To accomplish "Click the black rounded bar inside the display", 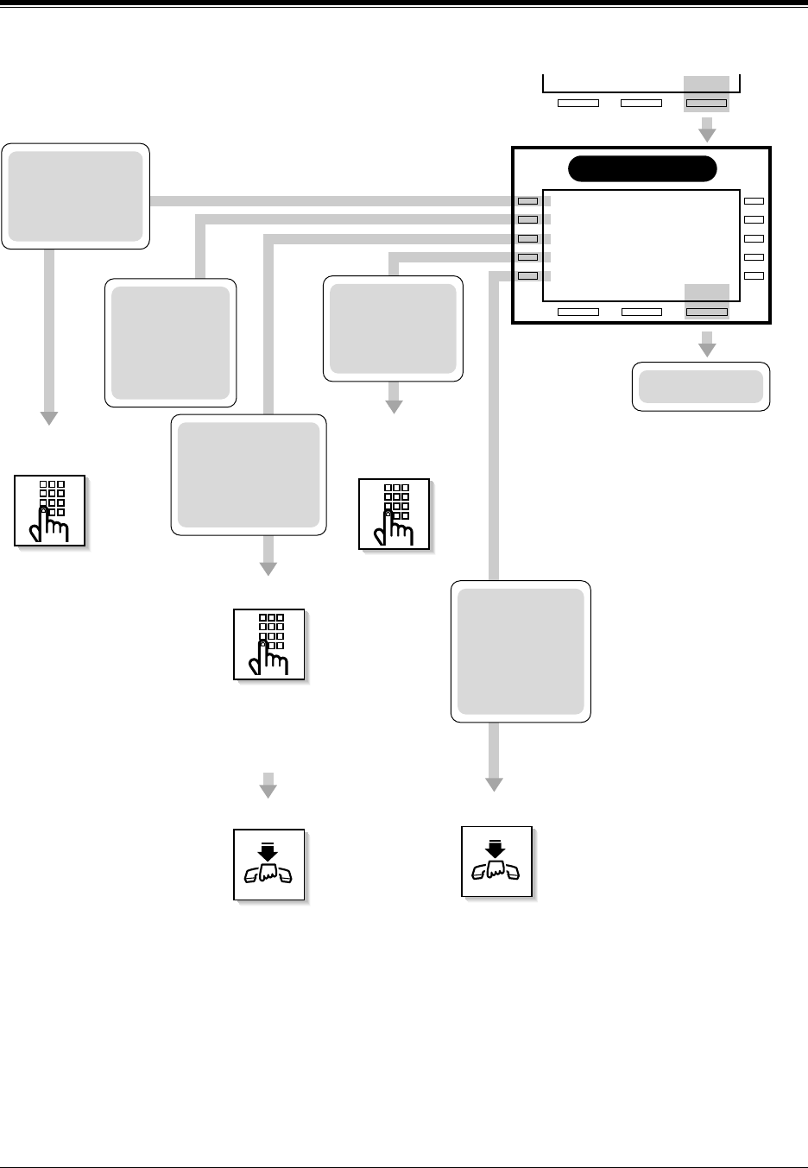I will [642, 169].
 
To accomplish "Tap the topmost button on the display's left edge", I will [527, 201].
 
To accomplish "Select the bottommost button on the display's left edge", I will [527, 275].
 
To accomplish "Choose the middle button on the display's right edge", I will [754, 238].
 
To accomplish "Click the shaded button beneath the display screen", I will [706, 311].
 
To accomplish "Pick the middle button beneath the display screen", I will [641, 311].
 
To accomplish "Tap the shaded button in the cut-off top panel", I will [706, 103].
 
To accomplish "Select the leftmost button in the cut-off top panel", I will [578, 103].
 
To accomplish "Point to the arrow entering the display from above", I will [707, 131].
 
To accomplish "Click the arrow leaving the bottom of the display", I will [707, 344].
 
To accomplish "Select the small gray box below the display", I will [701, 387].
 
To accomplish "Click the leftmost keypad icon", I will [49, 510].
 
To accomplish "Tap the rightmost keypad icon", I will [394, 514].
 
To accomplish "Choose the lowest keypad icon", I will [268, 644].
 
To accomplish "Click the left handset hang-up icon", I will [268, 864].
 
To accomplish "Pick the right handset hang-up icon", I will [496, 862].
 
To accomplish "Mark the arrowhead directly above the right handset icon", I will [493, 784].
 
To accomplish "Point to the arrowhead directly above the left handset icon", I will [268, 787].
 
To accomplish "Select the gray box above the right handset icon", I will [521, 652].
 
